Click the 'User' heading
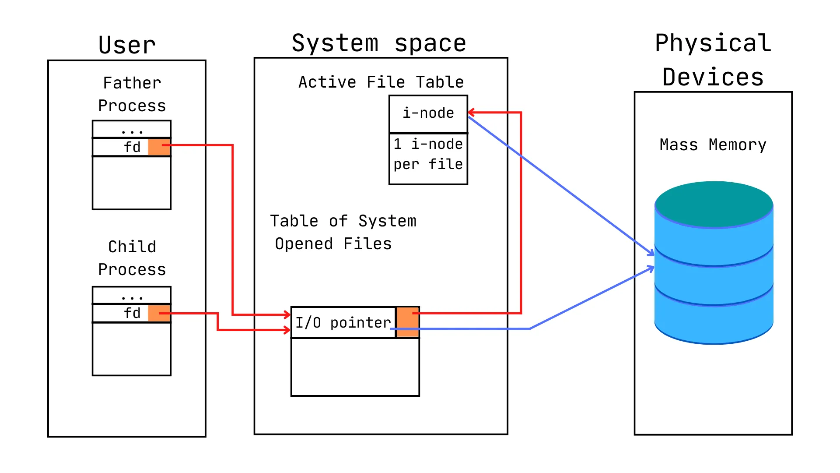click(127, 45)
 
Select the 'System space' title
click(379, 43)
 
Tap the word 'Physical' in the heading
click(713, 43)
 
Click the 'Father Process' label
click(132, 94)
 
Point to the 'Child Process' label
click(132, 258)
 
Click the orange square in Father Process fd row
click(159, 147)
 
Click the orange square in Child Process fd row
click(159, 313)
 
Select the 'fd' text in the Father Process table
click(132, 147)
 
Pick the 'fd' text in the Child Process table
click(132, 313)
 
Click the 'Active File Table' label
click(381, 82)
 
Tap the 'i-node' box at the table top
click(428, 113)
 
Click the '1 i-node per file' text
click(428, 154)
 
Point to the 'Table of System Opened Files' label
click(343, 232)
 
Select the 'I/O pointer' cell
click(343, 323)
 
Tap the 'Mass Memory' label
click(713, 145)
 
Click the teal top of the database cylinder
click(714, 204)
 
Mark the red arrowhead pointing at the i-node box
click(472, 113)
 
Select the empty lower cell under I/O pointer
click(355, 367)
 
